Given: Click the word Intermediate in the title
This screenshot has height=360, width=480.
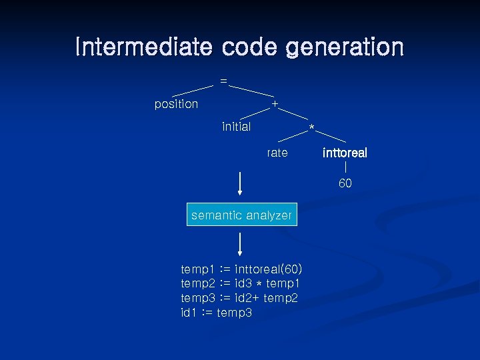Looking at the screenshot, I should click(x=143, y=47).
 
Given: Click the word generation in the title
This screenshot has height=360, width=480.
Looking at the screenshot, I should click(x=345, y=47).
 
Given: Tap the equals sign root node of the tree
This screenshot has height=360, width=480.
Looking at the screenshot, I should click(x=223, y=81).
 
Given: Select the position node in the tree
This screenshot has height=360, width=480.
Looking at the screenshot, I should click(x=176, y=104).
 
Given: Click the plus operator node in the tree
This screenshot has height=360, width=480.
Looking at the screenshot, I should click(x=275, y=104).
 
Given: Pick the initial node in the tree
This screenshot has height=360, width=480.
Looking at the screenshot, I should click(x=237, y=127).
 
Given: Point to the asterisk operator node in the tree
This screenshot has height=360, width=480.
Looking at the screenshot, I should click(x=311, y=128).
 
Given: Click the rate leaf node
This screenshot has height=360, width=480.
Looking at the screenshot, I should click(x=277, y=153).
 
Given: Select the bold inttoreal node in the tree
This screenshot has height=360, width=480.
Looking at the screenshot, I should click(x=345, y=153).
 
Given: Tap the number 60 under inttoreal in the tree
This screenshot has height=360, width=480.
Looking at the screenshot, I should click(x=345, y=183).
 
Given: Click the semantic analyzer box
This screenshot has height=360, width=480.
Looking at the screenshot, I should click(x=241, y=215).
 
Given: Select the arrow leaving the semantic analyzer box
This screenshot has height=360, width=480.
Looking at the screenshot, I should click(x=239, y=245).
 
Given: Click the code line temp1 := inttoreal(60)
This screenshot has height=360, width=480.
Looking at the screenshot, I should click(x=241, y=269).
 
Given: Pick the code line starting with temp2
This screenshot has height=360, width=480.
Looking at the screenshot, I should click(x=241, y=284).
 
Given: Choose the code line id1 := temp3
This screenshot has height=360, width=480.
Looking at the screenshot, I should click(x=216, y=313).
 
